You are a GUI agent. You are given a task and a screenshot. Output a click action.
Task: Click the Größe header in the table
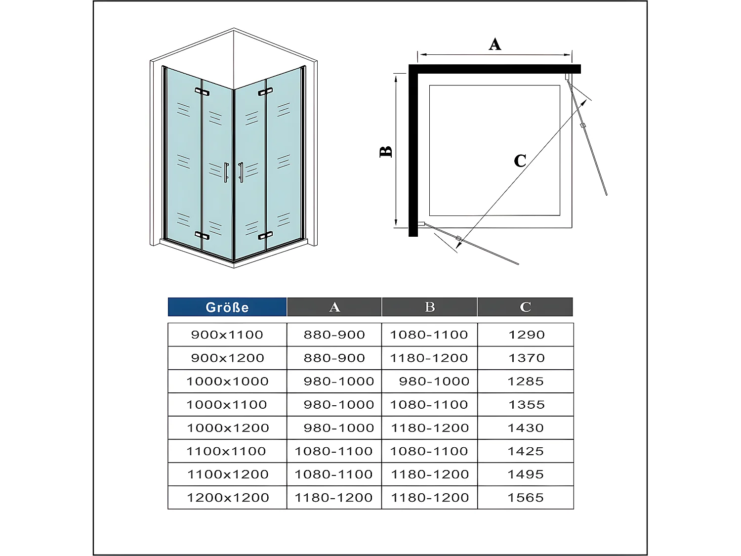tap(227, 307)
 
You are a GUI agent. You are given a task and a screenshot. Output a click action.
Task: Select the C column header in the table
tap(525, 307)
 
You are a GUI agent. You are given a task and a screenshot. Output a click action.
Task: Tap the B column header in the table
tap(430, 307)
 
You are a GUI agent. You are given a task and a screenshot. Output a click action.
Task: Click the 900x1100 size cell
tap(227, 335)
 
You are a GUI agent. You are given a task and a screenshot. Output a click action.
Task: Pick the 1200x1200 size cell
tap(228, 498)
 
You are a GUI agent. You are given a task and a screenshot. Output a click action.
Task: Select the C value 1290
tap(527, 335)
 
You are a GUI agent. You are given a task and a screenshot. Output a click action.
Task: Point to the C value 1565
tap(526, 498)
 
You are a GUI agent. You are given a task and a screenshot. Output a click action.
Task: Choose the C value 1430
tap(526, 428)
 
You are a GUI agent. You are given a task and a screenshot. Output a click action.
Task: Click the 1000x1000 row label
tap(227, 382)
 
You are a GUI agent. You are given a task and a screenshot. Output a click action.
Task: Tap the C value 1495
tap(526, 474)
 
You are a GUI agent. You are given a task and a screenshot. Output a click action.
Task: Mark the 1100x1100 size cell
tap(226, 451)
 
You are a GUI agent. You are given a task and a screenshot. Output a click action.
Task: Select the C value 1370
tap(527, 358)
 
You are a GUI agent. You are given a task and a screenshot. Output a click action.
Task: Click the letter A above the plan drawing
tap(495, 44)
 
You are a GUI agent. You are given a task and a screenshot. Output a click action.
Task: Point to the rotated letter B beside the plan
tap(386, 151)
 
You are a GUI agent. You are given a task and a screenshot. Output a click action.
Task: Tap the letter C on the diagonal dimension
tap(520, 161)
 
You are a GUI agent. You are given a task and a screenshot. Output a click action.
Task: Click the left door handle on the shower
tap(226, 172)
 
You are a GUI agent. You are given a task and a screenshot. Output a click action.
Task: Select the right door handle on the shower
tap(241, 172)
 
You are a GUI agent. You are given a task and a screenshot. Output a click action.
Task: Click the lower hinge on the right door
tap(265, 235)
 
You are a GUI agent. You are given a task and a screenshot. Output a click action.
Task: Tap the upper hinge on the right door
tap(265, 92)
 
